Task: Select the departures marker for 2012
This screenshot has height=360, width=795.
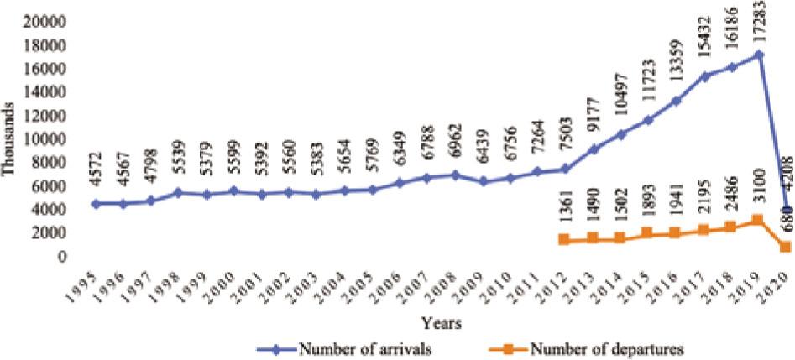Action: pyautogui.click(x=562, y=240)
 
